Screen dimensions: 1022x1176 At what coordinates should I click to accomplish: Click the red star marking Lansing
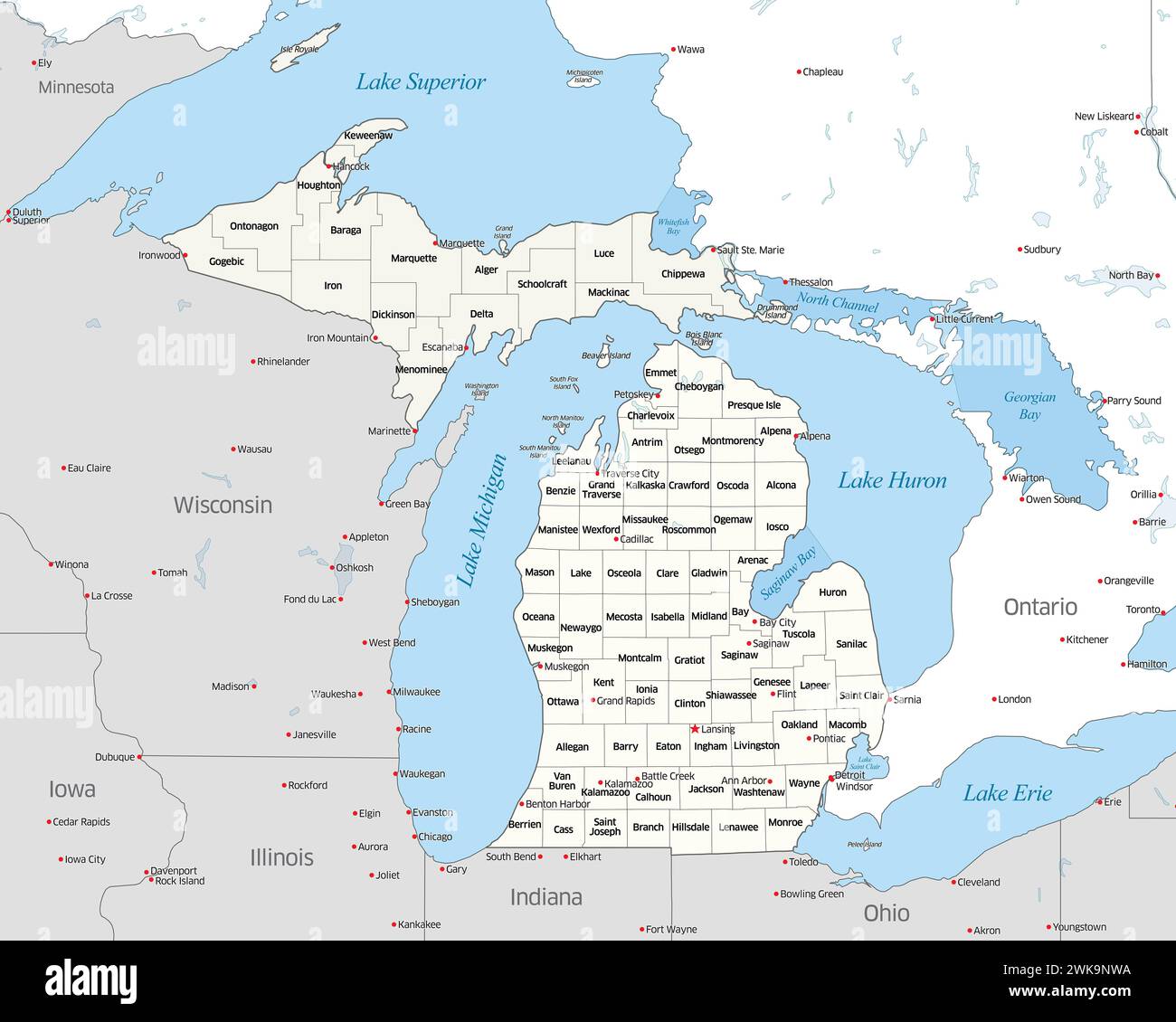point(695,729)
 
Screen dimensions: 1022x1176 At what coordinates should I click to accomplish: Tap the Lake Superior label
point(421,81)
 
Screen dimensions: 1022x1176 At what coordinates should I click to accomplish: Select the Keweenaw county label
point(368,136)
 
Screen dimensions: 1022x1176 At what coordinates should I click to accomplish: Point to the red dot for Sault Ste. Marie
point(713,250)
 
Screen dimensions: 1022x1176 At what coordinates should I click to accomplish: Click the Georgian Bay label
point(1029,405)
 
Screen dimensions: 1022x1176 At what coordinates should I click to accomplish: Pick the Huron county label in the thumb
point(832,592)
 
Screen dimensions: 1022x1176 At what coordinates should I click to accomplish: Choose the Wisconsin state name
point(223,505)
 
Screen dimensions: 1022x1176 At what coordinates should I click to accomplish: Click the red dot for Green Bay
point(382,504)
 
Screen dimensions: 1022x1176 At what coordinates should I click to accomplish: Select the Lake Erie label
point(1007,793)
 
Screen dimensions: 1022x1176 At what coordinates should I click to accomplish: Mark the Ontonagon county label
point(254,226)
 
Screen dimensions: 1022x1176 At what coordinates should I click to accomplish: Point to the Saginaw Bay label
point(787,573)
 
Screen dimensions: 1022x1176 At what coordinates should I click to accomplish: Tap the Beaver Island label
point(606,356)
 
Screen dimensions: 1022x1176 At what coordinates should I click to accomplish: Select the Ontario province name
point(1040,607)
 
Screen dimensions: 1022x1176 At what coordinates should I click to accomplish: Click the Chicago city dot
point(413,837)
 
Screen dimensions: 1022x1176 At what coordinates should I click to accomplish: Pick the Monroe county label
point(785,822)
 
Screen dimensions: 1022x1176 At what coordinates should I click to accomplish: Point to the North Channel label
point(837,303)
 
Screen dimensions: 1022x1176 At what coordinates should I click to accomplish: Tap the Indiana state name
point(545,897)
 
